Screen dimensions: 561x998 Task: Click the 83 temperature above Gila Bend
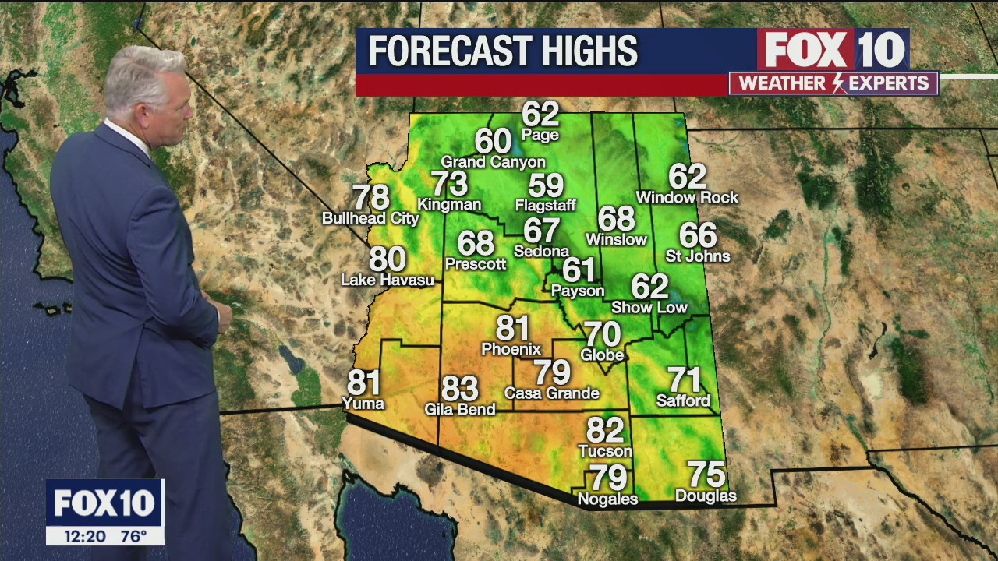point(459,388)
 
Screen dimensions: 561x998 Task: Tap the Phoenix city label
point(511,349)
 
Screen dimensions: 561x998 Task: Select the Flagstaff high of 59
point(546,185)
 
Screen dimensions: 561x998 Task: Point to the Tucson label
point(605,451)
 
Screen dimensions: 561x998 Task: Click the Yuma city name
point(363,404)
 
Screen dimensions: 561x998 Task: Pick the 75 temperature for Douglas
point(706,475)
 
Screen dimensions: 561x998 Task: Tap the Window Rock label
point(687,198)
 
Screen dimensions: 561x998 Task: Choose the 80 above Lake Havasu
point(388,259)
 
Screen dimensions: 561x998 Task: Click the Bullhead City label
point(370,219)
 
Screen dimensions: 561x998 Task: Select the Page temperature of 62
point(540,114)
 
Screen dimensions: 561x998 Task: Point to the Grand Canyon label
point(493,162)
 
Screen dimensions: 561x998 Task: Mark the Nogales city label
point(607,499)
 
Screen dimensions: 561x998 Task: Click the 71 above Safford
point(684,380)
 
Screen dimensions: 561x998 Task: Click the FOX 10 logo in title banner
point(833,50)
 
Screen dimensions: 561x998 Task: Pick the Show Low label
point(649,308)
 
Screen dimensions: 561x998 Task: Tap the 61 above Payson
point(579,270)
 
